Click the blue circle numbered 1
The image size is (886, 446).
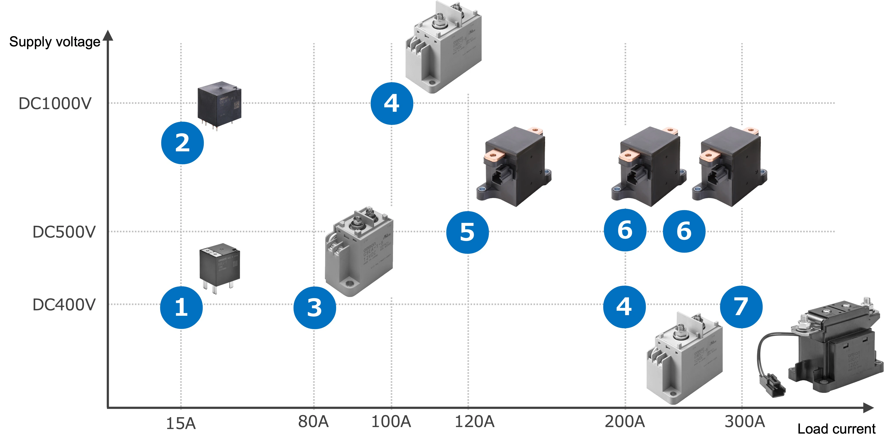click(x=181, y=307)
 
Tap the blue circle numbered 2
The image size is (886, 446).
click(x=182, y=143)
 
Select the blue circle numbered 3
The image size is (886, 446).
click(x=314, y=307)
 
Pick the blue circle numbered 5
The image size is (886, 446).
click(x=468, y=232)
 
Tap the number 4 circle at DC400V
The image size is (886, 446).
click(x=624, y=306)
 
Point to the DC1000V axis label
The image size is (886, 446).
click(x=55, y=103)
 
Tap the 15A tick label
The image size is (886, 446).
click(x=181, y=423)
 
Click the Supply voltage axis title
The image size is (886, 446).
click(x=55, y=42)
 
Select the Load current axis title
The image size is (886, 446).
click(x=836, y=429)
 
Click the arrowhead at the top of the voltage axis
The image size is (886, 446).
click(x=108, y=35)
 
